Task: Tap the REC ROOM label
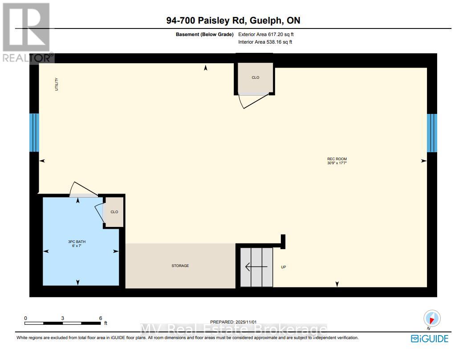(337, 159)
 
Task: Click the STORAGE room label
(180, 266)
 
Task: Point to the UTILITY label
(57, 84)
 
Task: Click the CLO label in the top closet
(255, 77)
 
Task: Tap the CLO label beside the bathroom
(114, 212)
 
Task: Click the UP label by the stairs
(283, 267)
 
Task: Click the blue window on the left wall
(34, 133)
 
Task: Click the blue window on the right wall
(432, 133)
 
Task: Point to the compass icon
(432, 319)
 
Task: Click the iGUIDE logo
(430, 339)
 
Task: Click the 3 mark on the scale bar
(63, 318)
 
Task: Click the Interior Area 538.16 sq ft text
(265, 42)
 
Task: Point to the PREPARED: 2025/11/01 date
(233, 321)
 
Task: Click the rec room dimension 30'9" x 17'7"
(337, 163)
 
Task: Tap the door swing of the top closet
(254, 101)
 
